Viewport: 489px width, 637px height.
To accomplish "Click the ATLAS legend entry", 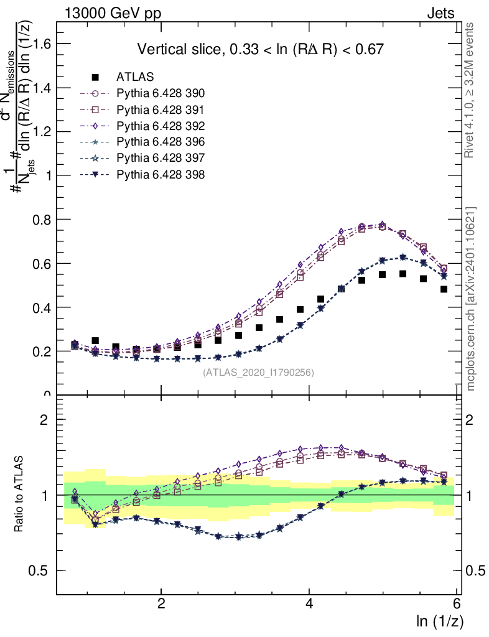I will click(x=131, y=77).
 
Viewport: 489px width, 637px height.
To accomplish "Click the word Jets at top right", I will click(x=440, y=13).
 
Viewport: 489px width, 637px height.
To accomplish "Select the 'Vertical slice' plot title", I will click(x=260, y=49).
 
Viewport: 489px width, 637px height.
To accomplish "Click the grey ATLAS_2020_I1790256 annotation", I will click(x=258, y=373).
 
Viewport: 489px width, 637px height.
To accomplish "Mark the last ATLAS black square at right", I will click(x=444, y=289).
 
